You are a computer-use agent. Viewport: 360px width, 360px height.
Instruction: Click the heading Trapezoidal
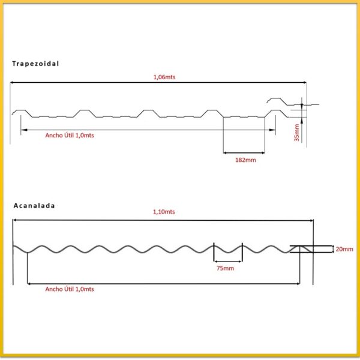pyautogui.click(x=35, y=63)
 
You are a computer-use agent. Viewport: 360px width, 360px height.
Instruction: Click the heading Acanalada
pyautogui.click(x=34, y=205)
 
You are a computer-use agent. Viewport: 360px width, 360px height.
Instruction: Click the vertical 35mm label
pyautogui.click(x=296, y=133)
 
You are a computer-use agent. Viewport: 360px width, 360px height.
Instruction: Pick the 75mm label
pyautogui.click(x=225, y=268)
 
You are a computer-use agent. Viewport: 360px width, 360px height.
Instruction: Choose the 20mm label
pyautogui.click(x=345, y=248)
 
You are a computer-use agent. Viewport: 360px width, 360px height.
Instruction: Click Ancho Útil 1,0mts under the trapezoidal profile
pyautogui.click(x=70, y=135)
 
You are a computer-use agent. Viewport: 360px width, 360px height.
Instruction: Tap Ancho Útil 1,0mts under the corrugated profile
pyautogui.click(x=70, y=289)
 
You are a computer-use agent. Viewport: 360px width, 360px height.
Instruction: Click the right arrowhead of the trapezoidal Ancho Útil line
pyautogui.click(x=272, y=129)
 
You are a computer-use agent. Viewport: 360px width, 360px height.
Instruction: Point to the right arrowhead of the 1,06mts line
pyautogui.click(x=304, y=83)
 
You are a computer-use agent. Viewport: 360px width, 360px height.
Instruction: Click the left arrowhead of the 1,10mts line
pyautogui.click(x=16, y=220)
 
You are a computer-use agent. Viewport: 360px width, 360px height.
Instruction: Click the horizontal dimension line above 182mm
pyautogui.click(x=244, y=152)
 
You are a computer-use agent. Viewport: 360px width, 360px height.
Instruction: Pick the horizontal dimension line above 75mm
pyautogui.click(x=228, y=261)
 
